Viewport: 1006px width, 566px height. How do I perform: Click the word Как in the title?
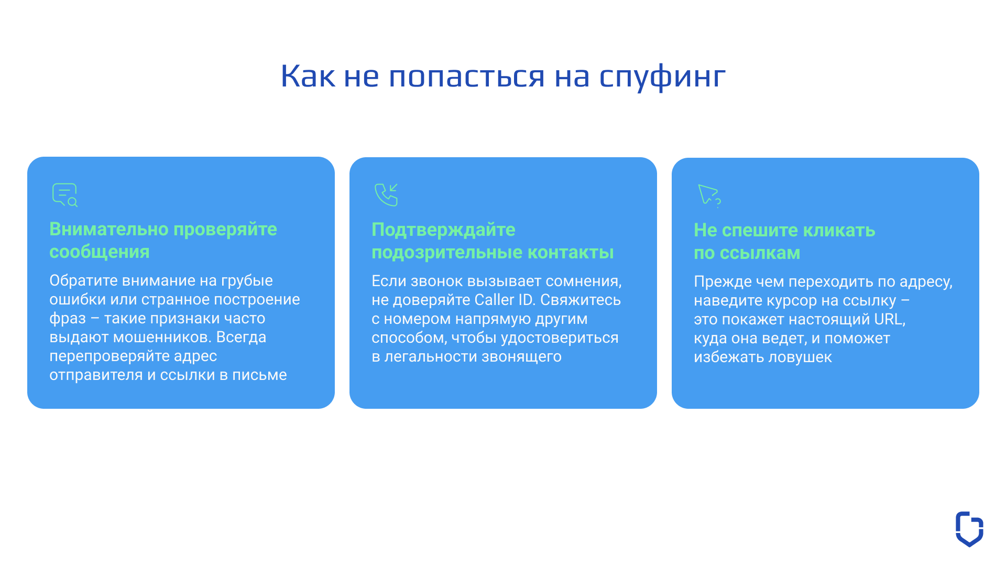click(x=308, y=76)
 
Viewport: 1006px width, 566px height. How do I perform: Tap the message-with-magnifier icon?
click(x=65, y=195)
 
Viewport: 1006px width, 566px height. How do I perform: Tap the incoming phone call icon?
click(x=387, y=194)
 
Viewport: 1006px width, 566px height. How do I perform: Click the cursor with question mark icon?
click(x=709, y=195)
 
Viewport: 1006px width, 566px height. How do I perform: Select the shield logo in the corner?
click(x=969, y=529)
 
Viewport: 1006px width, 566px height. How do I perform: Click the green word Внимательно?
click(x=109, y=230)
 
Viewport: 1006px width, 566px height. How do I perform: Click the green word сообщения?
click(x=100, y=252)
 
